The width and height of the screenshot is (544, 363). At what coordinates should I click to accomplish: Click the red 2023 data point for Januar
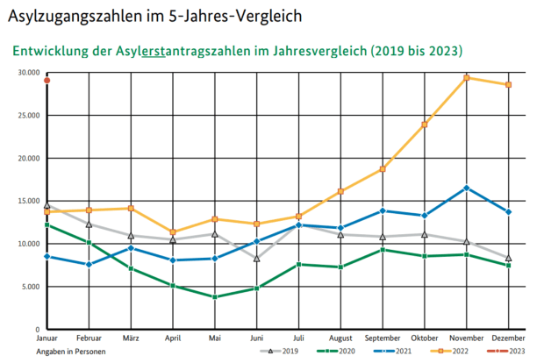click(47, 81)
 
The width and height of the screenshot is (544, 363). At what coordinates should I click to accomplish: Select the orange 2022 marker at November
click(466, 78)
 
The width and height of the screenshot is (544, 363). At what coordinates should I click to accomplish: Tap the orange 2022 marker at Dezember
click(508, 84)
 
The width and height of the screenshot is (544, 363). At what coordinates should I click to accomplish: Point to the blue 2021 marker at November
click(466, 188)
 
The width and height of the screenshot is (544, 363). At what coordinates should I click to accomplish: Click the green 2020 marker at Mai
click(215, 297)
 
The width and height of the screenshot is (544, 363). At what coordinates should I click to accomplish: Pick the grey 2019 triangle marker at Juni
click(256, 259)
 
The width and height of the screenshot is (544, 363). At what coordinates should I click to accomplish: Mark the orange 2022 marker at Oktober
click(424, 125)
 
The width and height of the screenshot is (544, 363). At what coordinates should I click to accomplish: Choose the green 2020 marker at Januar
click(47, 225)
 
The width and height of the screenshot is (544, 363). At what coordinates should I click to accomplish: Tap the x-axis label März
click(131, 338)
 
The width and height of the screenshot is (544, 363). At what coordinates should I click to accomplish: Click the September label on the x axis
click(382, 338)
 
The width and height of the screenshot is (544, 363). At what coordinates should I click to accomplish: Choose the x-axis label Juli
click(298, 338)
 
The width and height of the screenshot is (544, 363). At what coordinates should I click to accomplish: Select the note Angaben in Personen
click(70, 351)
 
